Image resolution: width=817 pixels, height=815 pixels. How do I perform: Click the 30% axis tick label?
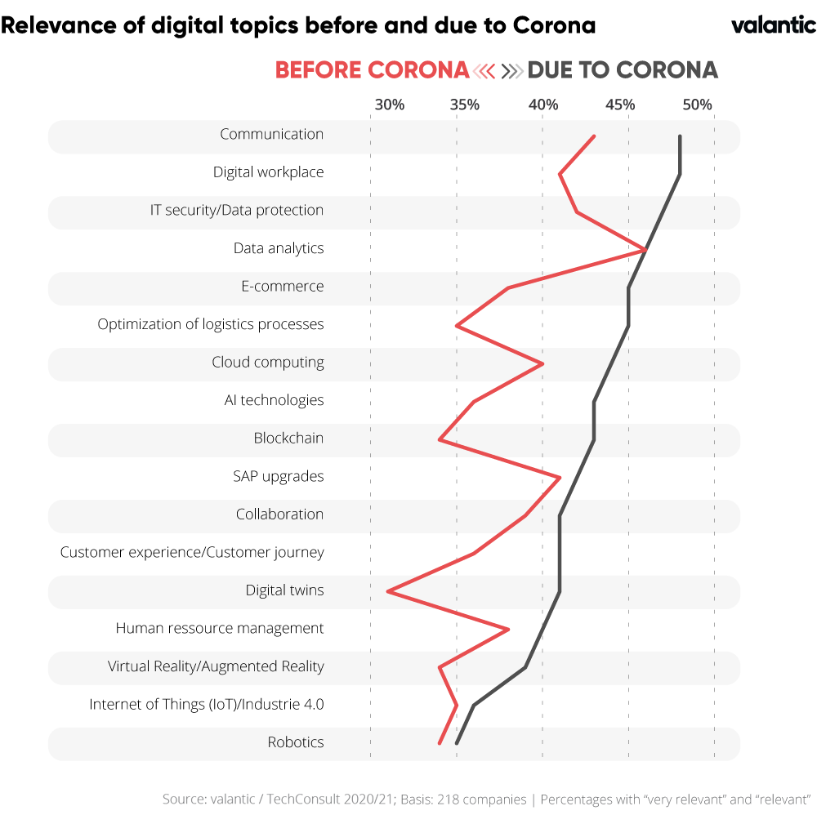click(x=389, y=105)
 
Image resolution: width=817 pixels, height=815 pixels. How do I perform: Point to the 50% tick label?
click(x=697, y=105)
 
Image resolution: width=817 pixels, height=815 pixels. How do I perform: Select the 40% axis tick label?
click(x=543, y=105)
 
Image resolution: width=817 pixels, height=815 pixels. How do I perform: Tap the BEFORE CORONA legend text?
click(x=372, y=70)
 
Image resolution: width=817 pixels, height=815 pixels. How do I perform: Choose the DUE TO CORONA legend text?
click(x=623, y=70)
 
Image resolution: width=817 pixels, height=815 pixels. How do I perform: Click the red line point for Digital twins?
click(x=388, y=591)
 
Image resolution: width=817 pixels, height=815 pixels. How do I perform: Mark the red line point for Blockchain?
click(x=440, y=439)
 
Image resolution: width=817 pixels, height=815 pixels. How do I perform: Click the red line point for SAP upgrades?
click(x=560, y=477)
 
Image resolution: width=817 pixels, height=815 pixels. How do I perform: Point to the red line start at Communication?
click(x=594, y=136)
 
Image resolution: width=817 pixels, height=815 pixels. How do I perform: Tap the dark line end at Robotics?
click(x=457, y=742)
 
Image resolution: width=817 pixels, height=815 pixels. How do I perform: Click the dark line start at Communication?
click(x=680, y=136)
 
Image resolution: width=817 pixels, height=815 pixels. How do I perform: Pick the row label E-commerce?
click(x=282, y=287)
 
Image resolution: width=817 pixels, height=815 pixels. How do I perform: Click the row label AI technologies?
click(x=274, y=400)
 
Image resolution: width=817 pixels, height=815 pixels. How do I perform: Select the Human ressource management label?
click(x=220, y=628)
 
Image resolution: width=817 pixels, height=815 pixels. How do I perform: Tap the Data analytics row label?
click(x=279, y=248)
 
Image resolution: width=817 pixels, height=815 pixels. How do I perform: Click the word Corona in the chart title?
click(x=555, y=25)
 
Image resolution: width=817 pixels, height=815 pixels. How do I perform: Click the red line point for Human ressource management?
click(x=508, y=629)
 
